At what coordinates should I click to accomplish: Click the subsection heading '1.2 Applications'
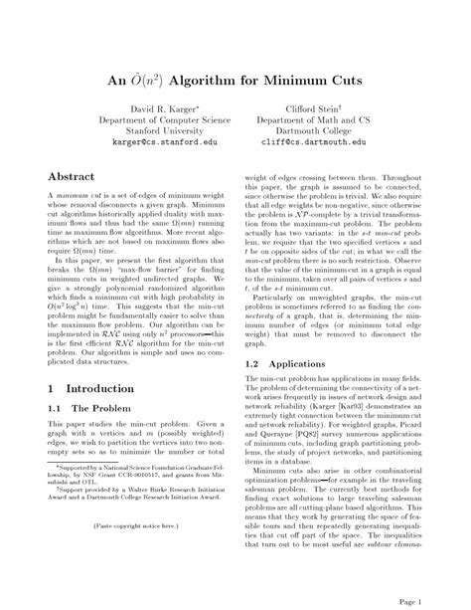pyautogui.click(x=291, y=364)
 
